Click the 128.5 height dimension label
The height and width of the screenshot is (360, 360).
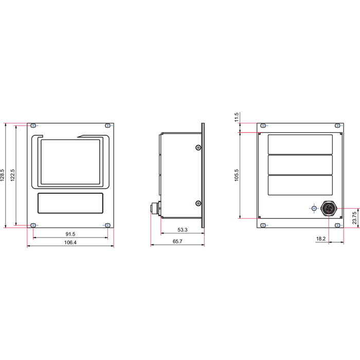pos(2,175)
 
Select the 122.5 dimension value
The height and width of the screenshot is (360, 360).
pos(13,175)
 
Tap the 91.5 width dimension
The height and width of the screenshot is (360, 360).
pos(70,234)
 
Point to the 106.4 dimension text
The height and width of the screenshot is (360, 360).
pos(70,242)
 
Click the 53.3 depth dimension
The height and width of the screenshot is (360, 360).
pos(183,229)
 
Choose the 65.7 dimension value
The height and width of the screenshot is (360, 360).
pos(177,241)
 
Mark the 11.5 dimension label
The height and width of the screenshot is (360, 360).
pos(237,117)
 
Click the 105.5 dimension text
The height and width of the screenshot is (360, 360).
pos(237,175)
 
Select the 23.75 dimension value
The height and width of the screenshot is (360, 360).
pos(354,218)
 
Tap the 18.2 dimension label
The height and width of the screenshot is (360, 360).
pos(321,239)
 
